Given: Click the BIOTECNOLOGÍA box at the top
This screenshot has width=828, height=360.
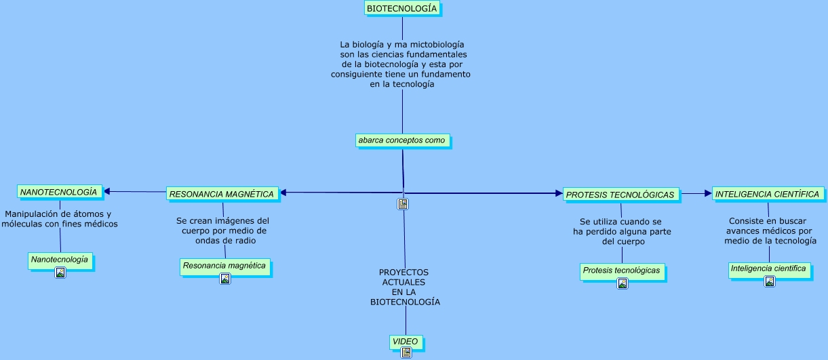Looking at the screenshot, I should [402, 8].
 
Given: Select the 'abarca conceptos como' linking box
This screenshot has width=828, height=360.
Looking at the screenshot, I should [402, 140].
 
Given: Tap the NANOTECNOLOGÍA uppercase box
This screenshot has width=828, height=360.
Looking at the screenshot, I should [59, 192].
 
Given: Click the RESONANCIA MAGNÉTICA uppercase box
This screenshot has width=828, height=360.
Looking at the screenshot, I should [222, 194].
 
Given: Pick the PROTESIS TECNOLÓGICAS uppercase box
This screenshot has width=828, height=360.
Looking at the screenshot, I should [620, 195].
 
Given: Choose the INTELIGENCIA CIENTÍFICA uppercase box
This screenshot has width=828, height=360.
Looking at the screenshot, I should [767, 194].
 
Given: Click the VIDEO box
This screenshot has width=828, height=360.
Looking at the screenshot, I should [406, 342].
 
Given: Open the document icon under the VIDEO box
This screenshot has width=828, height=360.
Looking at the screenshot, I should [406, 353].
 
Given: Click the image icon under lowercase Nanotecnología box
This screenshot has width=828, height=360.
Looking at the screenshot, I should [60, 273].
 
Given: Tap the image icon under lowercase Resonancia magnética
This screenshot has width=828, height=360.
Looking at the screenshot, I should [225, 279].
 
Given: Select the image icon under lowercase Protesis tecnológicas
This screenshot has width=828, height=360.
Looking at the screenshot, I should [623, 283].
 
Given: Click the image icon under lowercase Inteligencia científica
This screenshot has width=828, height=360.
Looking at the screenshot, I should [770, 281].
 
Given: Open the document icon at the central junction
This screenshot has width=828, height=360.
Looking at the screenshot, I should [403, 203].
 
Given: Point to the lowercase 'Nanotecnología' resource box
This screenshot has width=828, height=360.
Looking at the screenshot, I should [60, 260].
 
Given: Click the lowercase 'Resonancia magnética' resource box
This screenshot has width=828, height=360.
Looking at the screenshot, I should [224, 266].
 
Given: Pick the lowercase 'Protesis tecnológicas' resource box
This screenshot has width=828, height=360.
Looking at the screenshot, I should [621, 271].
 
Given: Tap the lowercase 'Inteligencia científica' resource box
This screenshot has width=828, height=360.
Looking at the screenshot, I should [769, 268].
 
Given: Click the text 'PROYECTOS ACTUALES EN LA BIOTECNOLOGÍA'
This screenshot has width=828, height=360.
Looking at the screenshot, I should [405, 287].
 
